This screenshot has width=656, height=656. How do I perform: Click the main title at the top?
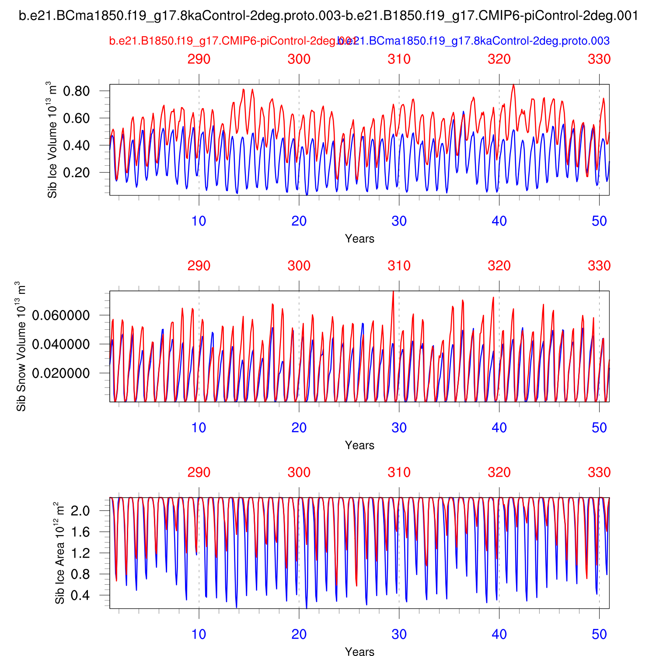328,16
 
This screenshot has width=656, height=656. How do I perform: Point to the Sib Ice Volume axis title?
52,140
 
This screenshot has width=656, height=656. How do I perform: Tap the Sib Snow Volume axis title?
21,346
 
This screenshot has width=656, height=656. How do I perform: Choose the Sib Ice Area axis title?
59,553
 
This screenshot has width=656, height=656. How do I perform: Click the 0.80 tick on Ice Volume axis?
76,91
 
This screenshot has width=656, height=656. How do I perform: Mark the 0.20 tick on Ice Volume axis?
76,172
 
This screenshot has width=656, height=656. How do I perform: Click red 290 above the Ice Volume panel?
199,59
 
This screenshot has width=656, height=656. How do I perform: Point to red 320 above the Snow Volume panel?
499,265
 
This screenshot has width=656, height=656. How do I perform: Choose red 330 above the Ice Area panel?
599,472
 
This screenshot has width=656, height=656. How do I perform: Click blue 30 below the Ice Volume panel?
399,221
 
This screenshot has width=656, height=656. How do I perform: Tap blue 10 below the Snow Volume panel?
199,428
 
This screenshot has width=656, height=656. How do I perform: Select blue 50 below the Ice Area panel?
599,634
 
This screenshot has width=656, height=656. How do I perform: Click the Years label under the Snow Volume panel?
359,445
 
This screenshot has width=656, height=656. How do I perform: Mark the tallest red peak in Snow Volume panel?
393,292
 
